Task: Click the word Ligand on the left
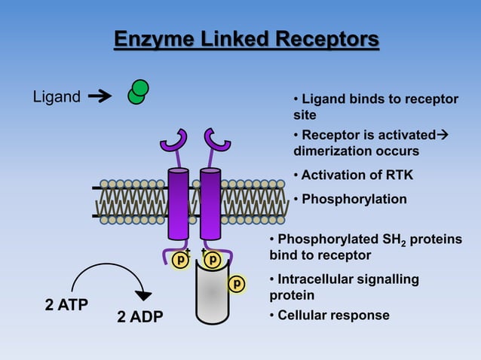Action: pyautogui.click(x=56, y=96)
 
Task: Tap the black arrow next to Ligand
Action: pyautogui.click(x=99, y=96)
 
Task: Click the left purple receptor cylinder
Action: pyautogui.click(x=178, y=203)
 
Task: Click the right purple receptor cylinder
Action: pyautogui.click(x=210, y=203)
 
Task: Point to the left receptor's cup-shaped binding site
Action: pyautogui.click(x=174, y=141)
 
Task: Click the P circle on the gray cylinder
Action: pyautogui.click(x=237, y=284)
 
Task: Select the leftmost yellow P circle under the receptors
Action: pyautogui.click(x=180, y=260)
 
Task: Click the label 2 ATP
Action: pyautogui.click(x=66, y=305)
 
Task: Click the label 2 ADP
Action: pyautogui.click(x=139, y=316)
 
